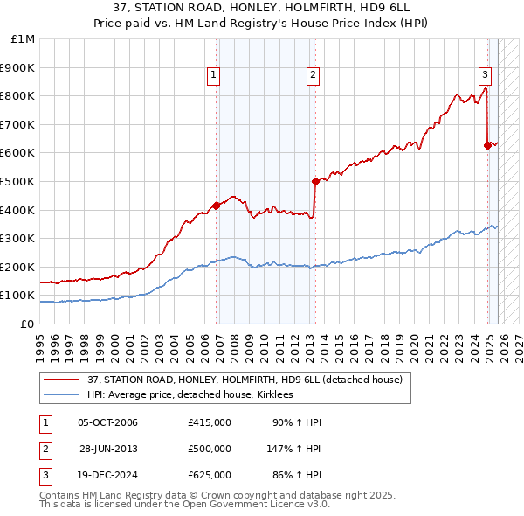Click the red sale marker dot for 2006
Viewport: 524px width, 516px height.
pyautogui.click(x=216, y=206)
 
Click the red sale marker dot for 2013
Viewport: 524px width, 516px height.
pyautogui.click(x=314, y=181)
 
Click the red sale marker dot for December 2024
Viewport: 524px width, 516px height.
pyautogui.click(x=487, y=145)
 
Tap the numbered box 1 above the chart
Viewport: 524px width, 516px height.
pyautogui.click(x=213, y=76)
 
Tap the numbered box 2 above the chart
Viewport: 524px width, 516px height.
pyautogui.click(x=313, y=76)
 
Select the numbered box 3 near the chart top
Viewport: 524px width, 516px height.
pyautogui.click(x=485, y=76)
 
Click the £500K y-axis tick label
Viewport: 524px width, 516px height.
pyautogui.click(x=18, y=182)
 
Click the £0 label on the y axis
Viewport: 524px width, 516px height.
pyautogui.click(x=26, y=324)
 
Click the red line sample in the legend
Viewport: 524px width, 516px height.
pyautogui.click(x=61, y=380)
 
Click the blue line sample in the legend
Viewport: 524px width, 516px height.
pyautogui.click(x=61, y=395)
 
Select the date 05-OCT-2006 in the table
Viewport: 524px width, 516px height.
pyautogui.click(x=107, y=422)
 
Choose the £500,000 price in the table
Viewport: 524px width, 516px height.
pyautogui.click(x=209, y=449)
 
